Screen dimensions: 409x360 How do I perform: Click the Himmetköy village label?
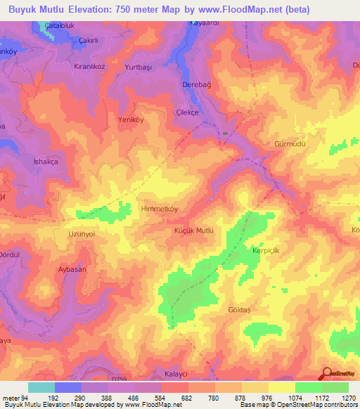141,209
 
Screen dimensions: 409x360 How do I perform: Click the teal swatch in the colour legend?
41,387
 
